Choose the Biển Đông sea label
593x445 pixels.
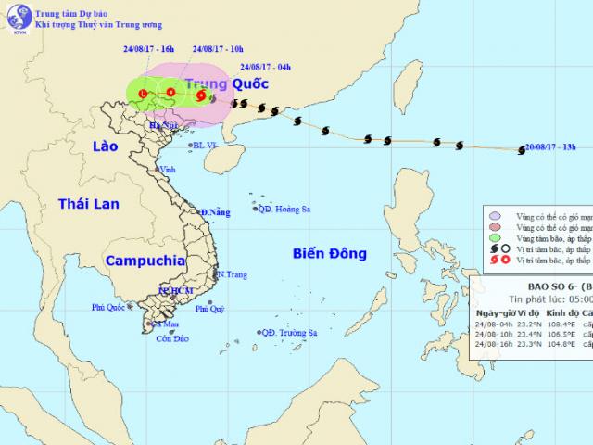pyautogui.click(x=330, y=252)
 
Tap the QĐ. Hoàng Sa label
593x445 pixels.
pyautogui.click(x=284, y=210)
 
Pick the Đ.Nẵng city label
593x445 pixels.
pyautogui.click(x=215, y=213)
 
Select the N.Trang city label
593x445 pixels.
pyautogui.click(x=232, y=274)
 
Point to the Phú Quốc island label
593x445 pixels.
pyautogui.click(x=108, y=307)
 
